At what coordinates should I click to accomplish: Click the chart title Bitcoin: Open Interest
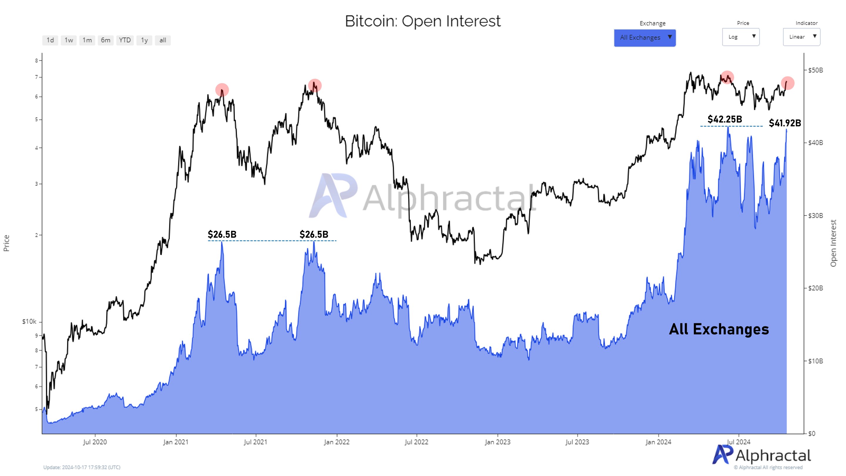[x=423, y=21]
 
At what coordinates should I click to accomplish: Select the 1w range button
[x=69, y=40]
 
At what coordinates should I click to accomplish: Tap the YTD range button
[x=125, y=40]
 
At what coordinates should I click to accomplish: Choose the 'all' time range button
[x=162, y=40]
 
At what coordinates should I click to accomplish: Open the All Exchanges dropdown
[x=645, y=37]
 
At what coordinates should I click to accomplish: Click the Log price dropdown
[x=741, y=37]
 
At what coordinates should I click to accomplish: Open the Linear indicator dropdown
[x=801, y=37]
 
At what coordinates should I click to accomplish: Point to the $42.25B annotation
[x=724, y=119]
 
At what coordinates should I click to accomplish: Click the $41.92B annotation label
[x=785, y=123]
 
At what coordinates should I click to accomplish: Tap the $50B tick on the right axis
[x=815, y=70]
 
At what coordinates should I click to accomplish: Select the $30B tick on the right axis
[x=815, y=215]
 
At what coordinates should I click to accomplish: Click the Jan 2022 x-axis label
[x=337, y=442]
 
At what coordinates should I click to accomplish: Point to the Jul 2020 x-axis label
[x=95, y=442]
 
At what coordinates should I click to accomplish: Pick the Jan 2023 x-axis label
[x=498, y=442]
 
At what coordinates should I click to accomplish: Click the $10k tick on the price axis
[x=29, y=322]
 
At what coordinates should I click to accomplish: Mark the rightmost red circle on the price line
[x=788, y=83]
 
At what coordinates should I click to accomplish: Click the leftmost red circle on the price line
[x=222, y=90]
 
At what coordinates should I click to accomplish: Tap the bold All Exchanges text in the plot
[x=719, y=329]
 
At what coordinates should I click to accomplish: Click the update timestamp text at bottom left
[x=82, y=467]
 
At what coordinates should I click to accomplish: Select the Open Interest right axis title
[x=833, y=243]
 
